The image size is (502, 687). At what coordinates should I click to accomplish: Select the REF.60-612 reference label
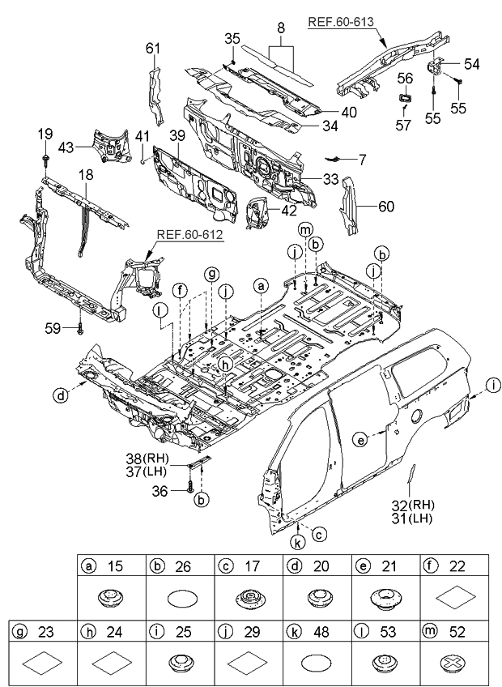pos(190,235)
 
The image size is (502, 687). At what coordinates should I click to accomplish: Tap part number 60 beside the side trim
pos(386,207)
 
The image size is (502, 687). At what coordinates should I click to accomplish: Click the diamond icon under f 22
pos(453,600)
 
